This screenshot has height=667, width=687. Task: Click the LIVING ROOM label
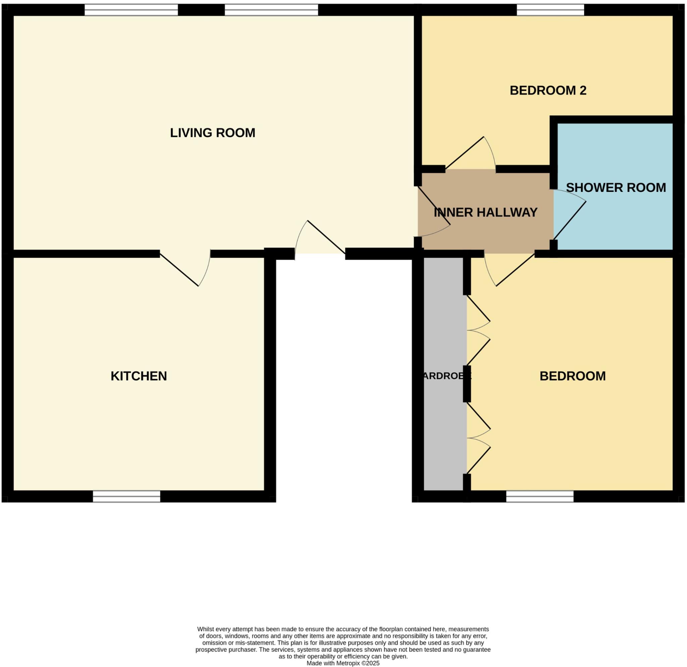(212, 133)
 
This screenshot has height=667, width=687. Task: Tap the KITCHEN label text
(139, 376)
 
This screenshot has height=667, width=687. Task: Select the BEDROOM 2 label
(548, 91)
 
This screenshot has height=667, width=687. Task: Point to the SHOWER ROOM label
(616, 188)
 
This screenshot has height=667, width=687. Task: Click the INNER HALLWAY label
(485, 212)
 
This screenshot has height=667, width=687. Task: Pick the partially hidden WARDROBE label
(446, 376)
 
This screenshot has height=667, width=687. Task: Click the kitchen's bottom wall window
(126, 496)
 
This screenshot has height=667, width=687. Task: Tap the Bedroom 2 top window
(550, 10)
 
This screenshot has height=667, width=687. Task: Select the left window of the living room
(131, 10)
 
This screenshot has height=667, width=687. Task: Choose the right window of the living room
(271, 10)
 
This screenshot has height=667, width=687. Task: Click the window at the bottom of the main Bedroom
(540, 496)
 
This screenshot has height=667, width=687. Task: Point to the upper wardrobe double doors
(478, 330)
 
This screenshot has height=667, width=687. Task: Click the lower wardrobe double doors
(478, 438)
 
